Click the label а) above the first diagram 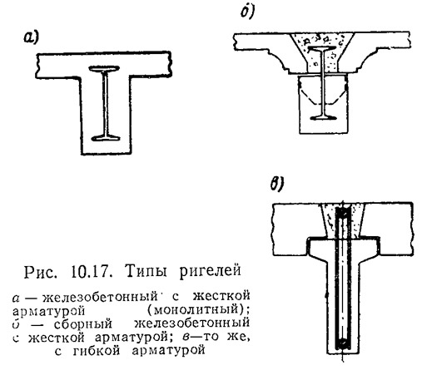click(31, 37)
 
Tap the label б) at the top click(247, 12)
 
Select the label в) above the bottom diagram click(277, 184)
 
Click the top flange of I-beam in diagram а click(104, 68)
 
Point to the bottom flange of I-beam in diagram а click(106, 137)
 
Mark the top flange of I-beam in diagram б click(322, 49)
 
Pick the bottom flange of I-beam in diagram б click(323, 118)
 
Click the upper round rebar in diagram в click(343, 214)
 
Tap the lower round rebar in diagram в click(343, 343)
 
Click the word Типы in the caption click(146, 271)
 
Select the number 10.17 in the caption click(92, 272)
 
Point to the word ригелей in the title click(211, 272)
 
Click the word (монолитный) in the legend click(198, 309)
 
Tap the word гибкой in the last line click(97, 351)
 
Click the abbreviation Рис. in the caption click(41, 272)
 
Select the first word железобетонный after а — click(100, 297)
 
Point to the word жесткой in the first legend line click(221, 296)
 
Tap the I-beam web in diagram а click(105, 103)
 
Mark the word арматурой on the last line click(168, 351)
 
